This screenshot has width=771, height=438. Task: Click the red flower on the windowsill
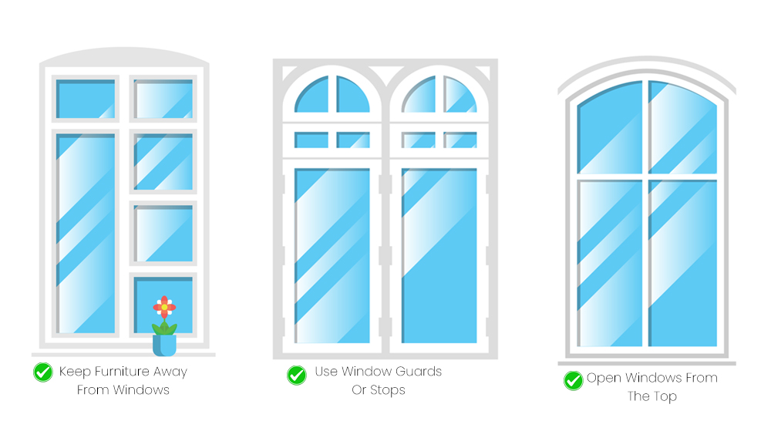tap(164, 306)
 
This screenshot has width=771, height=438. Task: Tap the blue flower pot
tap(164, 345)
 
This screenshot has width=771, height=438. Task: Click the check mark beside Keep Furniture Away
tap(43, 372)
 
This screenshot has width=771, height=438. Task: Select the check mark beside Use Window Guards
tap(297, 375)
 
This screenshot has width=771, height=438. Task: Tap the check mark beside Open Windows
tap(573, 380)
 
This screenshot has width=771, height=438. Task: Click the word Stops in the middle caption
tap(389, 389)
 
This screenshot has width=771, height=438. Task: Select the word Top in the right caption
tap(663, 396)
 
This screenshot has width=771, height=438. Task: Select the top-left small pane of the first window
tap(86, 99)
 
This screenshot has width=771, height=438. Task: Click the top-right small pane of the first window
tap(163, 99)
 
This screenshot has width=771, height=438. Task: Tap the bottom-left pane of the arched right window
tap(610, 263)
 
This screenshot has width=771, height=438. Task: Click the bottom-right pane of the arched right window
tap(683, 263)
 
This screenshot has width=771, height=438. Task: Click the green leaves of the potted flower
tap(164, 328)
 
